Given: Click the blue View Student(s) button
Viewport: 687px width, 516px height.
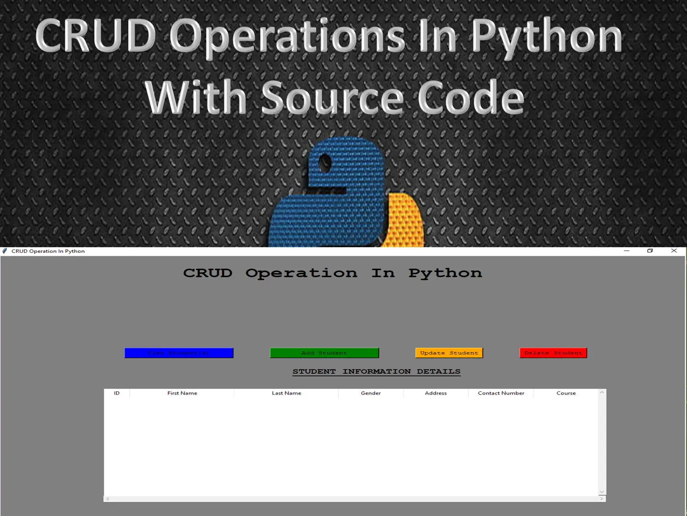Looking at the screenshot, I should coord(179,353).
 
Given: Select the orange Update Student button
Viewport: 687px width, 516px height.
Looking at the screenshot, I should coord(449,353).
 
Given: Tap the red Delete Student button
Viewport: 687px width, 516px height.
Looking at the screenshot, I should coord(553,353).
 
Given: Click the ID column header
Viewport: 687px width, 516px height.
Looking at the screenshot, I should coord(117,393).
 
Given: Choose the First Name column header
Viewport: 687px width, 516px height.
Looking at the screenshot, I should coord(182,393).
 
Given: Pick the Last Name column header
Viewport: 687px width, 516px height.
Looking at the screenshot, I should coord(286,393).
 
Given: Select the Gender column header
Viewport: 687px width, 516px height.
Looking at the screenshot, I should coord(371,393).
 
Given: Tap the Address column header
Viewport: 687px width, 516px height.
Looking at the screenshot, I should coord(436,393).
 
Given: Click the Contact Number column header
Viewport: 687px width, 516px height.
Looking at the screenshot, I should coord(501,393).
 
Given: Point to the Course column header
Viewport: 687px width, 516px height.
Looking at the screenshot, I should coord(566,393).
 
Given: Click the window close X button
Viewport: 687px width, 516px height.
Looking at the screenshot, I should coord(674,250).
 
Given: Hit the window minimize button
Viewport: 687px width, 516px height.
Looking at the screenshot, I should coord(627,251).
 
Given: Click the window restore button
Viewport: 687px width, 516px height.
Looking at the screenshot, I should coord(650,250).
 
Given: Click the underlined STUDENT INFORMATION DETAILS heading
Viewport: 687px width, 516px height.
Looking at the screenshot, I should coord(376,372).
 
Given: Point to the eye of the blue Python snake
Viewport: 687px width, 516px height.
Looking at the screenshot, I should coord(325,163).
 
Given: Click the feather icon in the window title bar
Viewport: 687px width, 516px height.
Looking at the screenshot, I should coord(5,251).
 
